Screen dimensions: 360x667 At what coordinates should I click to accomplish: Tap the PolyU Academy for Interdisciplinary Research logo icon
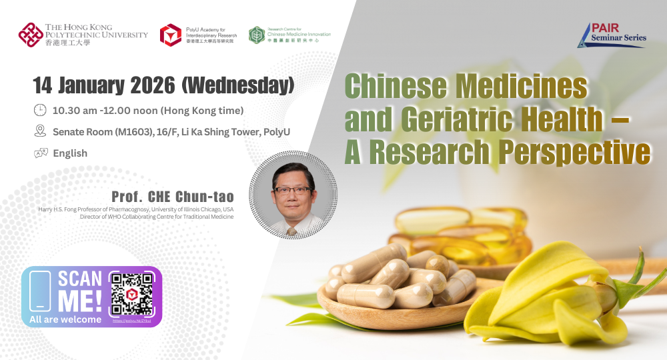171,35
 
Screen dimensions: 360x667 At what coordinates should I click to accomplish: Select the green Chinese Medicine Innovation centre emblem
257,35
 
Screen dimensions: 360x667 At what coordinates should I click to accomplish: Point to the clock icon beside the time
40,110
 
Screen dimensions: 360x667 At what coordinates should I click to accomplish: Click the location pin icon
40,131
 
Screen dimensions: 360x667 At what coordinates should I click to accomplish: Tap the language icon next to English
40,153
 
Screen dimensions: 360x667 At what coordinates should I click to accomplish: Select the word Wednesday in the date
239,85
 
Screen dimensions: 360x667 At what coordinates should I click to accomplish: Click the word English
70,153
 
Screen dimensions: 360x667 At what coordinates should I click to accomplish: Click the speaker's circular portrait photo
293,194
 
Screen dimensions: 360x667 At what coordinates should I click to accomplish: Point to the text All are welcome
65,319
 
